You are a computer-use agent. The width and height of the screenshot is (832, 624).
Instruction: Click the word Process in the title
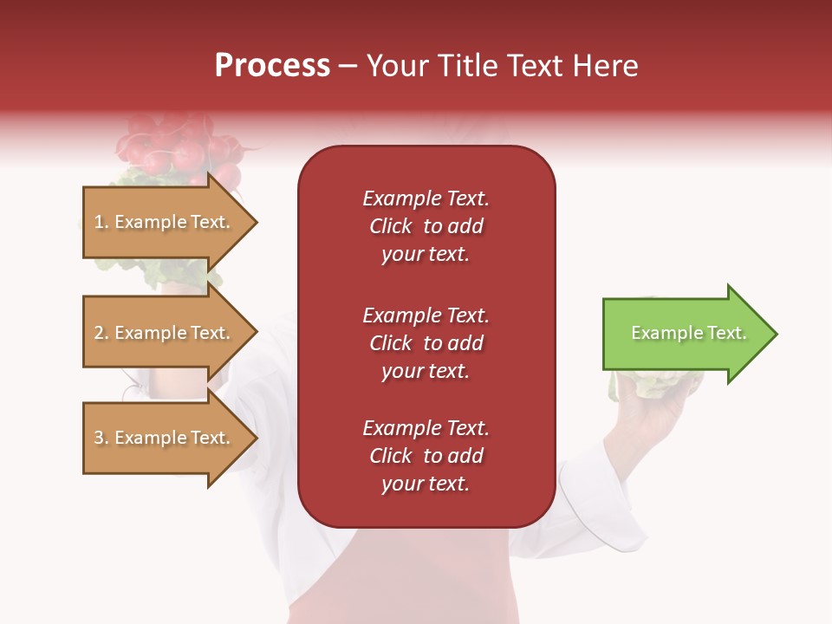(272, 66)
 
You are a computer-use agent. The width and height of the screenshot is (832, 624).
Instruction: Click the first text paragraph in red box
(426, 226)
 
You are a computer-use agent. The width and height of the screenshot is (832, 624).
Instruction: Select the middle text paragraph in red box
(426, 343)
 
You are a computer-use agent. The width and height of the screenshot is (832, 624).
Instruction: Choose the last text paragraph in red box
(426, 456)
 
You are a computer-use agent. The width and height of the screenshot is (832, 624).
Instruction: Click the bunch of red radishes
(178, 147)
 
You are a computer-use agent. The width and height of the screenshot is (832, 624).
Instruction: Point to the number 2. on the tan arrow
(101, 333)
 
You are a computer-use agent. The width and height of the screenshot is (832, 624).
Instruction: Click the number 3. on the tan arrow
(101, 438)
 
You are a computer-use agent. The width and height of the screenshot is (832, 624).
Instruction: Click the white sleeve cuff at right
(598, 503)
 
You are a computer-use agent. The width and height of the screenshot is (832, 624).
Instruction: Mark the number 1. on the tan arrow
(101, 222)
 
